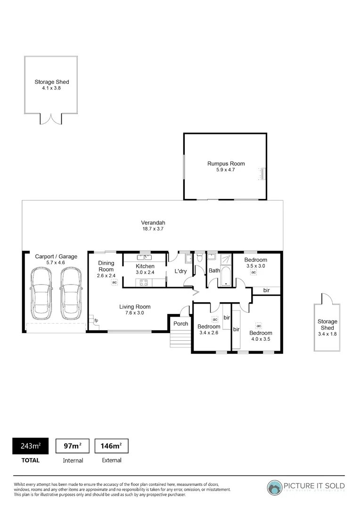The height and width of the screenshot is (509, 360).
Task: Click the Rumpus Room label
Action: click(x=226, y=164)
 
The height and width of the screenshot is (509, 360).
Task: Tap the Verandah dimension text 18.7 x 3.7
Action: click(x=153, y=229)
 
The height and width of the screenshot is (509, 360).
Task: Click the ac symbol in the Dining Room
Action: click(x=114, y=282)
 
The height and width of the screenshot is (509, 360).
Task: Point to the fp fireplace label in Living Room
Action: click(x=96, y=320)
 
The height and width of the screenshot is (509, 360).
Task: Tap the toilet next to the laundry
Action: click(x=200, y=258)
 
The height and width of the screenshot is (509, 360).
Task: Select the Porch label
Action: click(x=180, y=323)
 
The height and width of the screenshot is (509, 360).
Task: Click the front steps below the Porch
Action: click(x=180, y=339)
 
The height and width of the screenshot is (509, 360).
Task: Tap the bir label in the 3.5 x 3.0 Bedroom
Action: click(x=266, y=290)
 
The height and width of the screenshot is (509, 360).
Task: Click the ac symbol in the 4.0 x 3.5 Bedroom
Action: click(x=258, y=326)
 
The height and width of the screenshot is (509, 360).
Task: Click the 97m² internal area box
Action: click(x=73, y=446)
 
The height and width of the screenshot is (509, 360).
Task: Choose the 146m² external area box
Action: click(x=111, y=446)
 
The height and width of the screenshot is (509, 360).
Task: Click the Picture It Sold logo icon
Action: click(x=275, y=487)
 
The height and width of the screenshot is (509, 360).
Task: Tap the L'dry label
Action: click(x=181, y=271)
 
